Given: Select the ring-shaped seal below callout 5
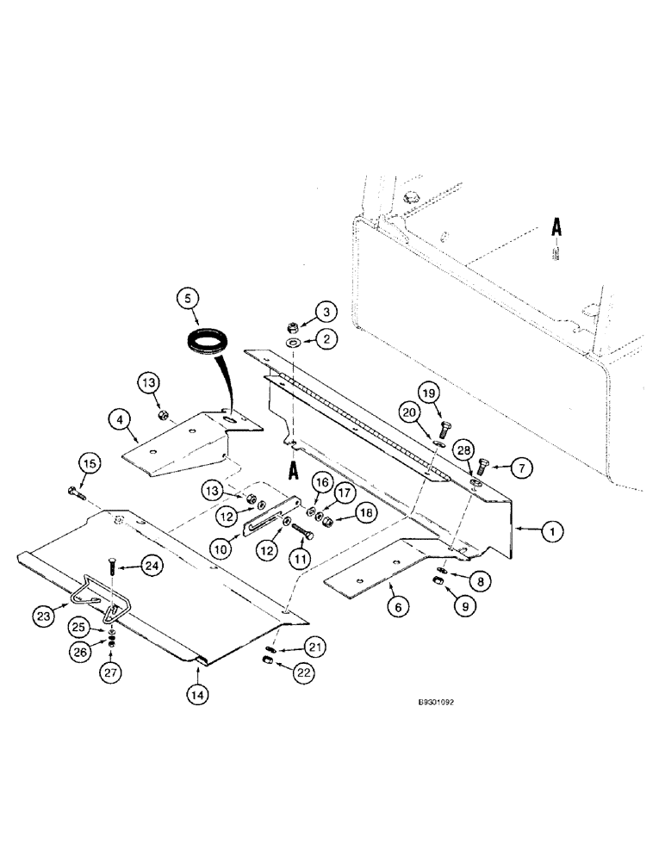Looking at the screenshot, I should pos(208,342).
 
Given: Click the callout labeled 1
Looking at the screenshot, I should pos(553,533).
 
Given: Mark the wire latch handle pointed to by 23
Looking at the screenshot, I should pos(95,599).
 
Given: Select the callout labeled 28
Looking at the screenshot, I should pos(466,450).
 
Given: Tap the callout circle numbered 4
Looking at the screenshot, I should pos(121,420).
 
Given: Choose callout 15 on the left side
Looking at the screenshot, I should pos(92,464).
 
